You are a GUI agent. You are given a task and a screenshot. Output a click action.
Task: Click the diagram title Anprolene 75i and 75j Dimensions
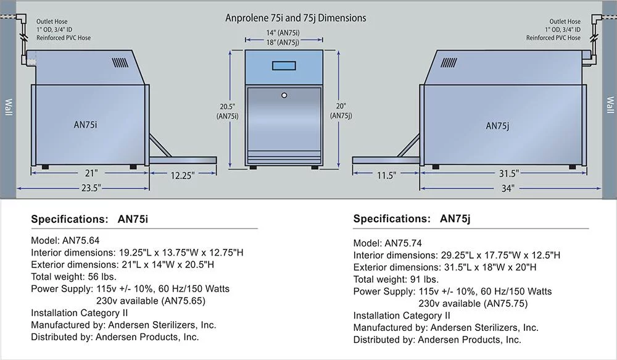(296, 18)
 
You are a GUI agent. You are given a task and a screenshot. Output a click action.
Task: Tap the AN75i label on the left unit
(85, 125)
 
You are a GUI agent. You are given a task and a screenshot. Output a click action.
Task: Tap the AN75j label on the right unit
(497, 125)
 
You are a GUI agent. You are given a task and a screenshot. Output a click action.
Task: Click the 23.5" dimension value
(91, 188)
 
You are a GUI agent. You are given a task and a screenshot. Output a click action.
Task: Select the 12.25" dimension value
(182, 175)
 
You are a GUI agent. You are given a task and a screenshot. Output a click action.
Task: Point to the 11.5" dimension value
(386, 175)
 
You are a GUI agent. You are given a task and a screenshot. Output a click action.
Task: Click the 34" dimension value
(508, 189)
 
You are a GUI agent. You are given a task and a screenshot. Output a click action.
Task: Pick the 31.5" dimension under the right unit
(509, 174)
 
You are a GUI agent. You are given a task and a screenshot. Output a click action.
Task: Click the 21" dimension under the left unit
(91, 174)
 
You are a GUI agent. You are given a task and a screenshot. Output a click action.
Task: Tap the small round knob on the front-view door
(284, 95)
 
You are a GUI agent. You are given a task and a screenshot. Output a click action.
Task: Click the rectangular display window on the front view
(284, 65)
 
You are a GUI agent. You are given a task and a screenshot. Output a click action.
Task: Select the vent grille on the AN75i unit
(120, 63)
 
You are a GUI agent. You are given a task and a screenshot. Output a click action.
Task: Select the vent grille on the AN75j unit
(449, 62)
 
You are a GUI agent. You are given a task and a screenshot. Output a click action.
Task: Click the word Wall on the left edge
(8, 107)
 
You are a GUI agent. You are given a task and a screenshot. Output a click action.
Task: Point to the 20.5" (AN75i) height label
(228, 112)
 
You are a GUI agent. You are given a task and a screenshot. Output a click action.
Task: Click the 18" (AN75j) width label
(283, 43)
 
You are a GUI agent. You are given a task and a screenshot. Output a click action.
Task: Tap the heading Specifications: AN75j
(412, 219)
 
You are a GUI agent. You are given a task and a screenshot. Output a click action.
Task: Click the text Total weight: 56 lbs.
(73, 277)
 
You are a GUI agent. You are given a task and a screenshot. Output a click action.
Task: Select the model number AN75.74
(403, 243)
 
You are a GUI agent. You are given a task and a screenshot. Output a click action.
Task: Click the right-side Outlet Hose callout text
(553, 30)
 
